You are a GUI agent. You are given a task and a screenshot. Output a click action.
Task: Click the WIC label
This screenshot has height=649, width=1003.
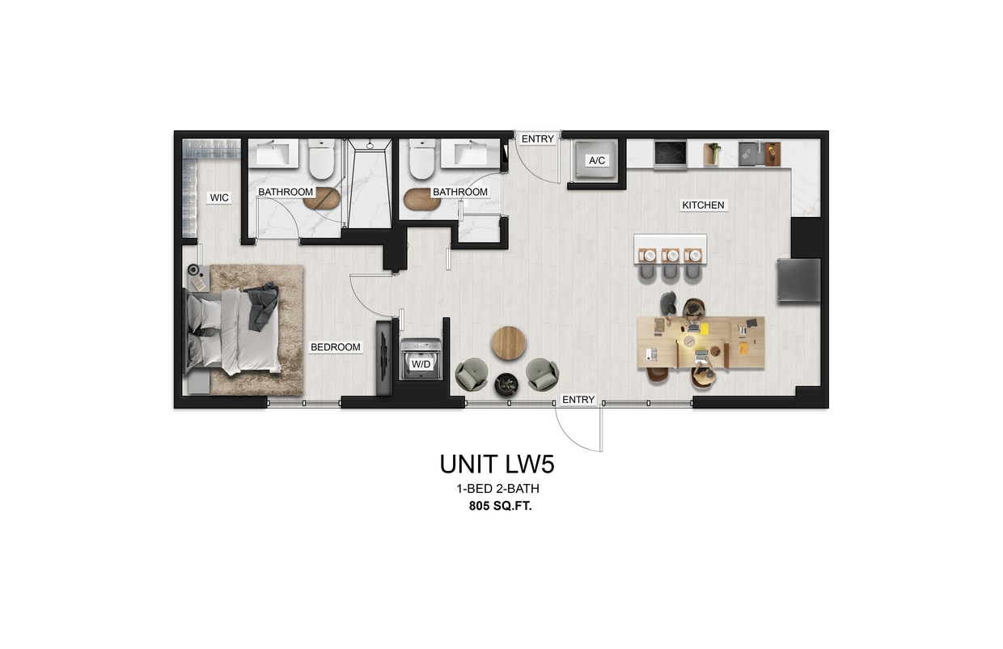point(220,197)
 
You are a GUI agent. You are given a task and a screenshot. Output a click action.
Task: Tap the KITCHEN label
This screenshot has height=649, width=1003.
point(703,206)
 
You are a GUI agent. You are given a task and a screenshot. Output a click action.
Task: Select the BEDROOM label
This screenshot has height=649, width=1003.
point(336,347)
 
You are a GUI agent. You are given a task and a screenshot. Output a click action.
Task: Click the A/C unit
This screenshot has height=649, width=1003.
point(597,160)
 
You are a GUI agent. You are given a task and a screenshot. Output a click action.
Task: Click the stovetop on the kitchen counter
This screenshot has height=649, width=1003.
point(671,154)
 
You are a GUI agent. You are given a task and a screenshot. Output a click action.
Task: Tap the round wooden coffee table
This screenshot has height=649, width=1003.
point(509,342)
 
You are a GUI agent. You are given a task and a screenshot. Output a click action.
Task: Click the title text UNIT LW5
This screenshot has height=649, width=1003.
point(497,464)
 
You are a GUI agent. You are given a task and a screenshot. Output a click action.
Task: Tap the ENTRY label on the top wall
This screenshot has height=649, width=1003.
point(538,139)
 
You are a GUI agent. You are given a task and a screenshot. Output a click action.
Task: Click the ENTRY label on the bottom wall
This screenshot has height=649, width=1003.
point(578,400)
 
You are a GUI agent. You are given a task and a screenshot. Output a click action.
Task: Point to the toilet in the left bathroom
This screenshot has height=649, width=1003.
point(321,159)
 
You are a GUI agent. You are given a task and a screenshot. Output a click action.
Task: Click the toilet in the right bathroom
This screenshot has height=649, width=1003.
point(422,159)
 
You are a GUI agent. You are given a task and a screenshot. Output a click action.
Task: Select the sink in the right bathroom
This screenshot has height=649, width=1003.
point(469,153)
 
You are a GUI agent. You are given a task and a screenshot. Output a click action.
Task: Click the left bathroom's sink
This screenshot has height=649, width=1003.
point(273,153)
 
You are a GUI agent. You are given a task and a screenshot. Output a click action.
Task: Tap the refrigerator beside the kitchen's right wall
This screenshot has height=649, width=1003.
point(798,280)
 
